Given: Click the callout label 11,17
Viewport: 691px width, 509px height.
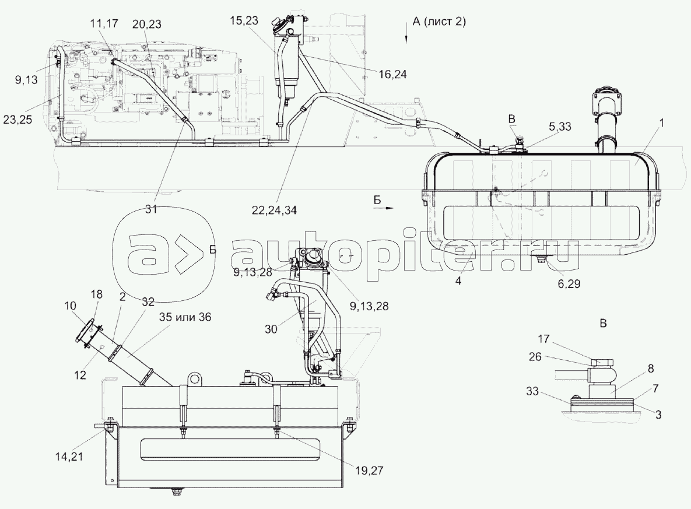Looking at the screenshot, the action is pos(104,23).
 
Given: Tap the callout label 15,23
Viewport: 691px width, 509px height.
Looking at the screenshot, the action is pos(243,20).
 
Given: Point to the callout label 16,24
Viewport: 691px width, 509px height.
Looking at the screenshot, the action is pos(392,74).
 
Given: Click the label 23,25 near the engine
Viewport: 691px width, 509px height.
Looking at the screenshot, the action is pos(17,120).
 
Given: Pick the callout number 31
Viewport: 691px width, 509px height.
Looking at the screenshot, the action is pos(151,209).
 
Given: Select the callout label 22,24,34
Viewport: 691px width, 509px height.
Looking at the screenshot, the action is pos(274,210).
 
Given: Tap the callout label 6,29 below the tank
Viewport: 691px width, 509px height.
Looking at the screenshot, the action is pos(569,283).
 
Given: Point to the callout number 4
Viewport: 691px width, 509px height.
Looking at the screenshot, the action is pos(458,280).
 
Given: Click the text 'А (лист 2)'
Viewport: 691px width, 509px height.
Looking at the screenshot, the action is pos(439,21).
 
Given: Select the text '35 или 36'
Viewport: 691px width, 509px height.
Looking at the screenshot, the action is pos(185,317).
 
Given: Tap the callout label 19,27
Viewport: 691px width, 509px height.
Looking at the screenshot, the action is pos(369,471).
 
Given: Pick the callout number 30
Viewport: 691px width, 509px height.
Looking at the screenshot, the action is pos(271,329).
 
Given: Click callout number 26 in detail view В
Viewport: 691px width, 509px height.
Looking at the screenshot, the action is pos(535,356).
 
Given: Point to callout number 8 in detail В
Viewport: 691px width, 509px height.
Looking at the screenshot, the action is pos(650,368).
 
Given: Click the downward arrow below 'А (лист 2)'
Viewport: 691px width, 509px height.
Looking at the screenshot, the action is pos(406,36).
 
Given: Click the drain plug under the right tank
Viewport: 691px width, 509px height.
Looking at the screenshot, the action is pos(540,259).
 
